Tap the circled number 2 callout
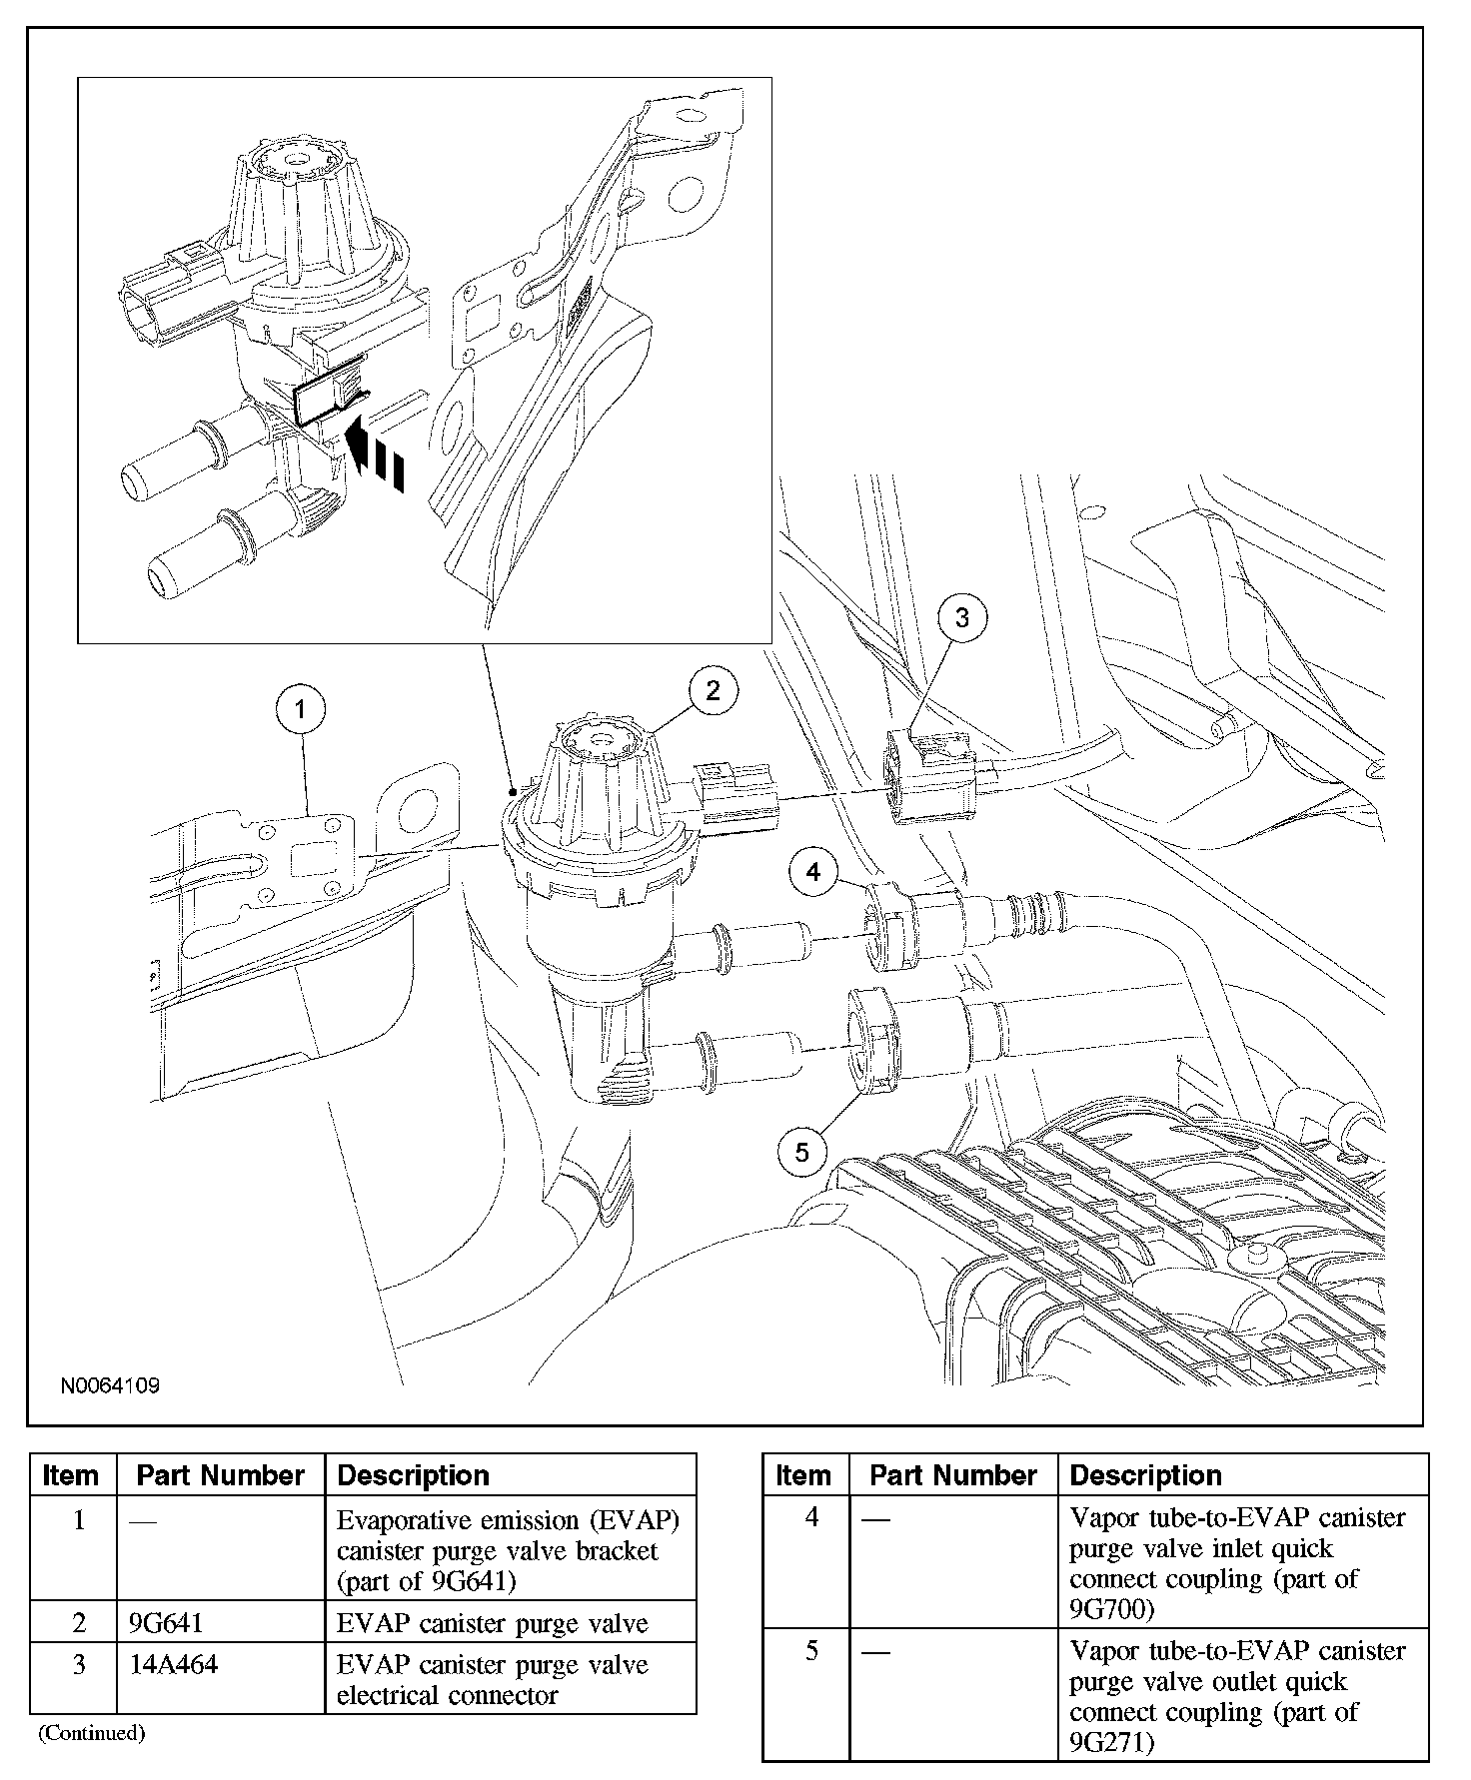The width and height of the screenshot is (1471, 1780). coord(712,690)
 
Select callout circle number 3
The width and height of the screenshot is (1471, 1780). coord(961,617)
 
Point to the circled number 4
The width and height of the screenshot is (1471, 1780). coord(813,872)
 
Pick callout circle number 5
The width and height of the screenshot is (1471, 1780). coord(802,1153)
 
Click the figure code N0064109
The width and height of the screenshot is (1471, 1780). coord(110,1385)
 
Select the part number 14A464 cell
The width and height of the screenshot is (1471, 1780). coord(173,1664)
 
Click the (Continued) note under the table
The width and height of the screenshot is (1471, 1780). coord(92,1733)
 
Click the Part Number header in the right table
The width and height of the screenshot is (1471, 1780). coord(953,1475)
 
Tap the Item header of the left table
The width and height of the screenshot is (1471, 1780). coord(71,1475)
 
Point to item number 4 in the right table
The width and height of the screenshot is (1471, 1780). coord(811,1517)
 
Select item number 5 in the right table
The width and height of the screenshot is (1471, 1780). coord(811,1651)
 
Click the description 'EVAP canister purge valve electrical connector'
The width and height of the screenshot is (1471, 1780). coord(492,1679)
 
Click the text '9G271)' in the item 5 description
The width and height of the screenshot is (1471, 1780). coord(1111,1743)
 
